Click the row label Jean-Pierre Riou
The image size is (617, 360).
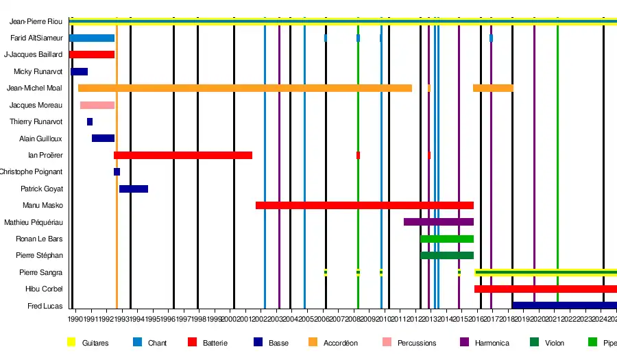40,21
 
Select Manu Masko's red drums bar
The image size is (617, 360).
364,205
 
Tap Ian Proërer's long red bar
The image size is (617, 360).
183,155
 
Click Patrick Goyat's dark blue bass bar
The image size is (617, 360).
134,189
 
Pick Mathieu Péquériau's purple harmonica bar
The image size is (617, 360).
439,221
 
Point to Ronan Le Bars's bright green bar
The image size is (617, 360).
447,239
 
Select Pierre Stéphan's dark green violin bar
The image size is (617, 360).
447,255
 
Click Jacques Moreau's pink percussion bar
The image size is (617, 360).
97,105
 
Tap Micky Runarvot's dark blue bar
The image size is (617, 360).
80,71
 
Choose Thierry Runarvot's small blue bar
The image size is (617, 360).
90,121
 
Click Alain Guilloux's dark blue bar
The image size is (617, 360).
104,138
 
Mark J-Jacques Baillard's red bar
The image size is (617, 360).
92,54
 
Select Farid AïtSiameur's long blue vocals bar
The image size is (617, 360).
92,38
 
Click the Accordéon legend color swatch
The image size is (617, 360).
311,342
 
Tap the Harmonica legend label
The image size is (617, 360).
492,343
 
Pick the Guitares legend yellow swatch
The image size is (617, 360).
71,342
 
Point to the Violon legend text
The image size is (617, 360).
555,343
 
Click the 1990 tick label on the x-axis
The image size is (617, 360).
76,319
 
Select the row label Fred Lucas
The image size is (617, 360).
45,306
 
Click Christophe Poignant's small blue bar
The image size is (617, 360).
117,171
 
